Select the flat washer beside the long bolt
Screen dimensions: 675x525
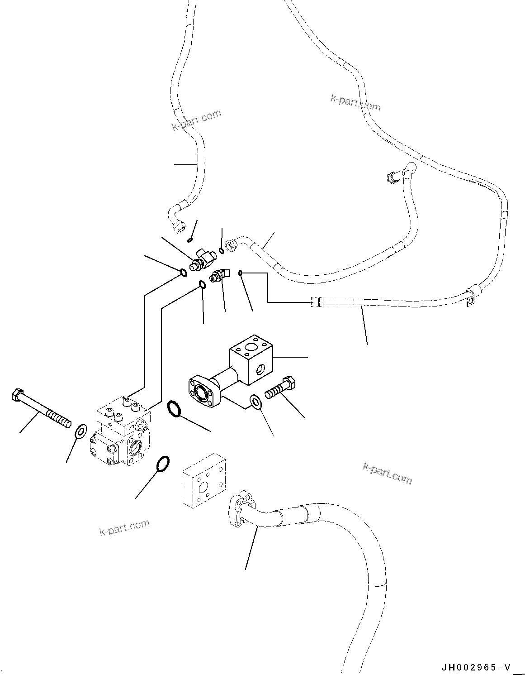80,431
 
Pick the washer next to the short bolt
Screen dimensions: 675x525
255,402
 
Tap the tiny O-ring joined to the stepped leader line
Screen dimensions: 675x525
241,273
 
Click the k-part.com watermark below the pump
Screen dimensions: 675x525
124,527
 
